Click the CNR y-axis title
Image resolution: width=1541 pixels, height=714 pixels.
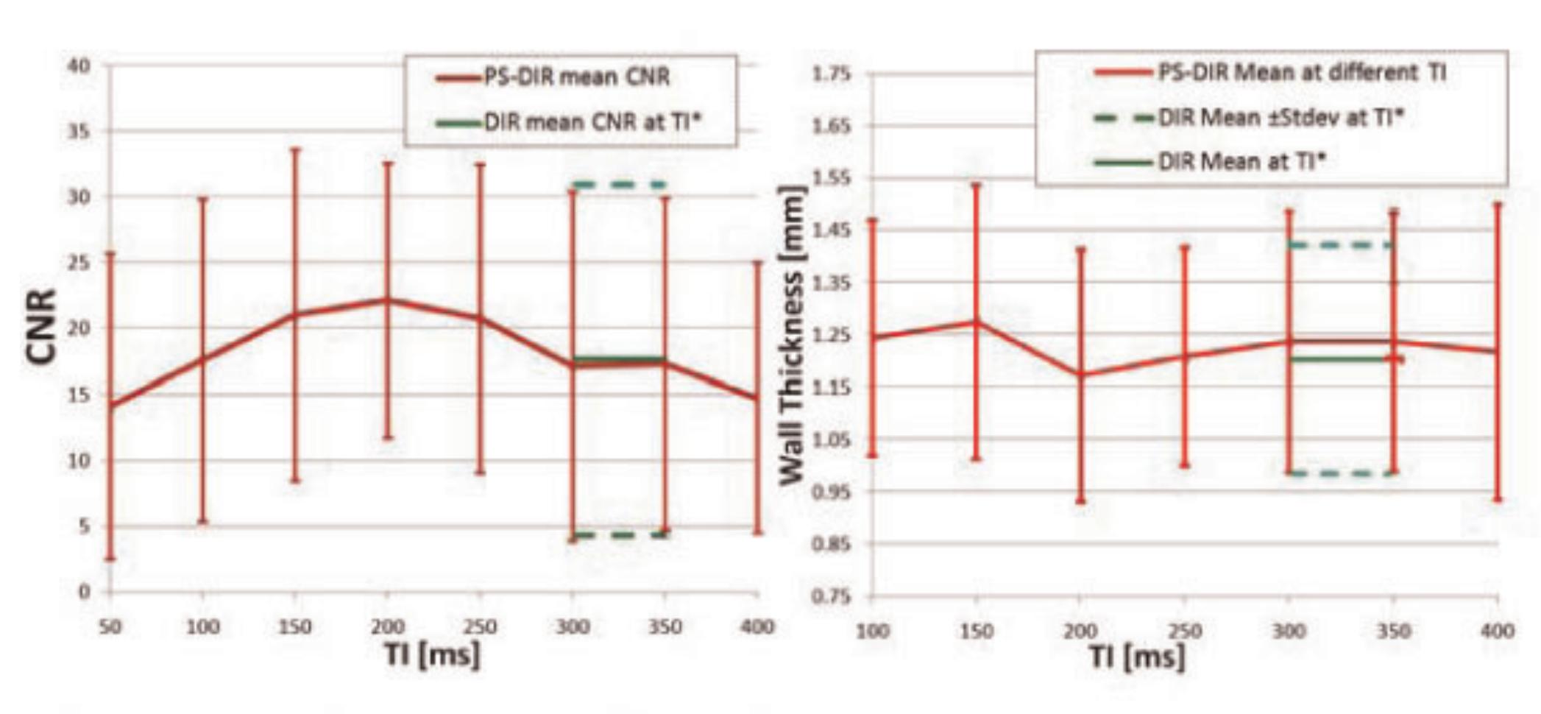(x=41, y=326)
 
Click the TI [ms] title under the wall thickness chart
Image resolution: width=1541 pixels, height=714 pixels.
(x=1137, y=656)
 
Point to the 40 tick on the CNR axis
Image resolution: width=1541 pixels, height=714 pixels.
(x=79, y=66)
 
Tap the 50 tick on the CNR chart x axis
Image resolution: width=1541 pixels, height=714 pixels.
(x=110, y=627)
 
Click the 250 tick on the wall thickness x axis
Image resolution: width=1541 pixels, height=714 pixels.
(x=1185, y=632)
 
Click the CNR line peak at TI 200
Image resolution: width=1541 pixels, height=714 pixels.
(x=387, y=300)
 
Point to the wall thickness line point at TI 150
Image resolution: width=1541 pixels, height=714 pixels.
(x=976, y=322)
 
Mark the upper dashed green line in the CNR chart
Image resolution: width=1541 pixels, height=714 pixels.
(x=619, y=184)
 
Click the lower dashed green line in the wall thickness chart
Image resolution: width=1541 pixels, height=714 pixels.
(x=1341, y=473)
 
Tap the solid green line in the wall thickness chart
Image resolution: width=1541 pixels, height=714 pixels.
(x=1341, y=359)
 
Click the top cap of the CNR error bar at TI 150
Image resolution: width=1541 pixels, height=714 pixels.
(x=295, y=149)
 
